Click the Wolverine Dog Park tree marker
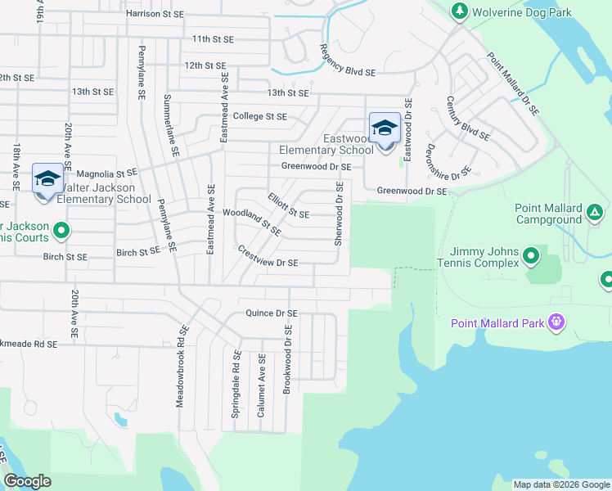459,11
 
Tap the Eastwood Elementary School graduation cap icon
385,128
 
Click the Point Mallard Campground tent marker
595,214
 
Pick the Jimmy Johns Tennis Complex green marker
531,258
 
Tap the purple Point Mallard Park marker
556,322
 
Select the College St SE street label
260,116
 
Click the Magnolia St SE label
106,173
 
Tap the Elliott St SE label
288,206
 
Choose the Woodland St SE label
251,221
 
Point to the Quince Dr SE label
272,313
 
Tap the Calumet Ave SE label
262,386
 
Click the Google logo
28,481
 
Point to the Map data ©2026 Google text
560,484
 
